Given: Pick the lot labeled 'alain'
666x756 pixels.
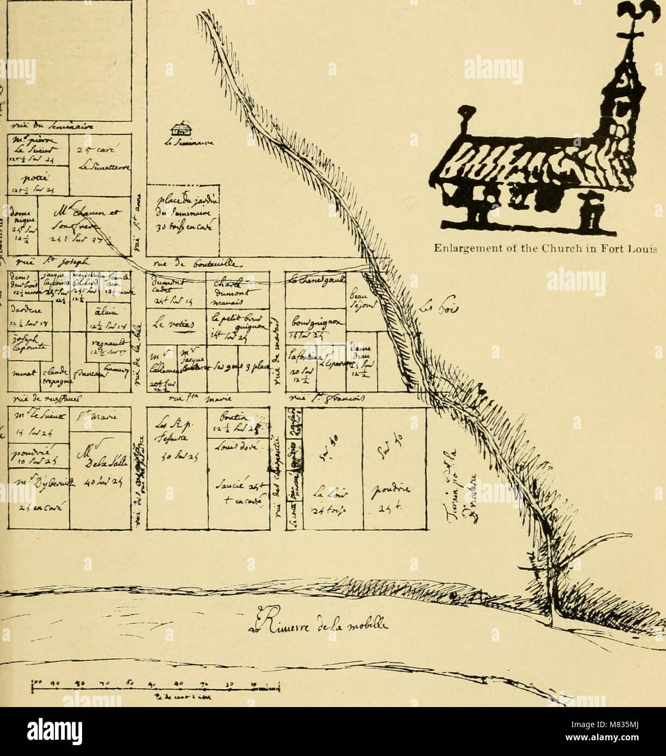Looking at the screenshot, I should tap(102, 311).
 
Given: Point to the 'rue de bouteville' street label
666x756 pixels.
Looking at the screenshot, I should tap(179, 263).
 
